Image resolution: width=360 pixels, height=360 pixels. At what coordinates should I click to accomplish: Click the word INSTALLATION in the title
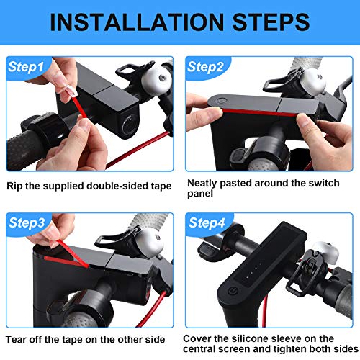(x=137, y=22)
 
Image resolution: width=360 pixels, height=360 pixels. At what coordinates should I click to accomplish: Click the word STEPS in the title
(x=271, y=22)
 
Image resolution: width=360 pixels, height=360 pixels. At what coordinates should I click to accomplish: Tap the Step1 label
(x=26, y=67)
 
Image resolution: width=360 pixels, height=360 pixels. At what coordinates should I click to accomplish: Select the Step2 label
(x=205, y=67)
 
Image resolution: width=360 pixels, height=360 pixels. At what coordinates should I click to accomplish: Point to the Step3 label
(x=27, y=223)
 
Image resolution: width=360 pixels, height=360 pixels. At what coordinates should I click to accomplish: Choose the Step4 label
(x=207, y=223)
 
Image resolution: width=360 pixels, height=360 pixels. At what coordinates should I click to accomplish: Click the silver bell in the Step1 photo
(x=157, y=78)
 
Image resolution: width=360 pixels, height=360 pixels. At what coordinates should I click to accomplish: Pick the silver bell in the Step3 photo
(x=150, y=242)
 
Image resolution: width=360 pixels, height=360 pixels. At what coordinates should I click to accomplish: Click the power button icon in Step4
(x=233, y=292)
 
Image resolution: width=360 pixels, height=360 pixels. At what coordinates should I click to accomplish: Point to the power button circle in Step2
(x=221, y=101)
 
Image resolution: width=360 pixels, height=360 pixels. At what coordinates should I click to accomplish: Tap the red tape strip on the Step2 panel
(x=259, y=112)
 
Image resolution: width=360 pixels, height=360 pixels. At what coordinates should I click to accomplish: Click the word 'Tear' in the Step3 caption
(x=14, y=340)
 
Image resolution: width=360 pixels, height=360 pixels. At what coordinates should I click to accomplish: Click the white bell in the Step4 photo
(x=325, y=253)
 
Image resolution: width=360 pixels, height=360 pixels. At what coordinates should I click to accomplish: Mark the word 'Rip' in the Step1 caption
(x=14, y=186)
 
